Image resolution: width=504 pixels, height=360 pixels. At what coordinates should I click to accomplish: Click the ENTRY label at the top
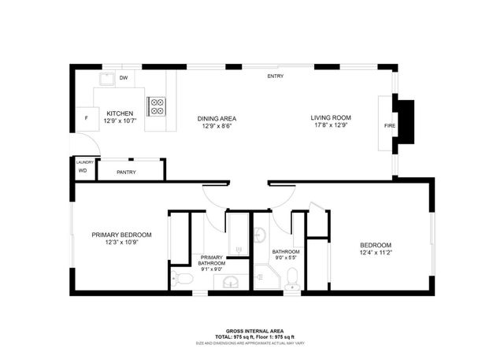point(276,76)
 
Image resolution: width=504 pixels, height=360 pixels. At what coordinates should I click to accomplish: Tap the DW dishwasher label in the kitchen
point(124,78)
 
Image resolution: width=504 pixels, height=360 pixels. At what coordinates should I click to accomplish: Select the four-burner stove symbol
point(157,106)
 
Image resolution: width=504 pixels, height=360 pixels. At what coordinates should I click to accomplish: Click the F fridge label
point(86,118)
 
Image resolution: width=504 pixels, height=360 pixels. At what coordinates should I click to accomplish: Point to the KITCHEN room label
point(120,113)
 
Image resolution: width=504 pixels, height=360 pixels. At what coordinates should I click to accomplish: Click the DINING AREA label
point(217,118)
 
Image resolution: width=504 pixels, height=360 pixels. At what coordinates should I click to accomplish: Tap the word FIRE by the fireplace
point(389,125)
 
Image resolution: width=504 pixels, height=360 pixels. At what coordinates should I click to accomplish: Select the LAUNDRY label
point(85,162)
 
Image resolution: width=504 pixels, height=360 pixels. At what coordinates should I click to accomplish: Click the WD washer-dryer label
point(82,170)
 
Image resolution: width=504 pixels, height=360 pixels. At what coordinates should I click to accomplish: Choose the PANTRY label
point(126,172)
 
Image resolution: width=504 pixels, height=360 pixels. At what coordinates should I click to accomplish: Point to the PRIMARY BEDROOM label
point(121,235)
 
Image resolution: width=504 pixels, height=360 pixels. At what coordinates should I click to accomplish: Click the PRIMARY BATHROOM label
point(211,261)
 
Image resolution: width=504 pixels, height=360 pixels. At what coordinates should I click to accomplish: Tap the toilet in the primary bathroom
point(183,278)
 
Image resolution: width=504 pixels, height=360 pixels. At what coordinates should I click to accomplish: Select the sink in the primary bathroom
point(231,282)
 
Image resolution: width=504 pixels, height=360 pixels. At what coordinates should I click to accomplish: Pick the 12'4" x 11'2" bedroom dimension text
point(375,252)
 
